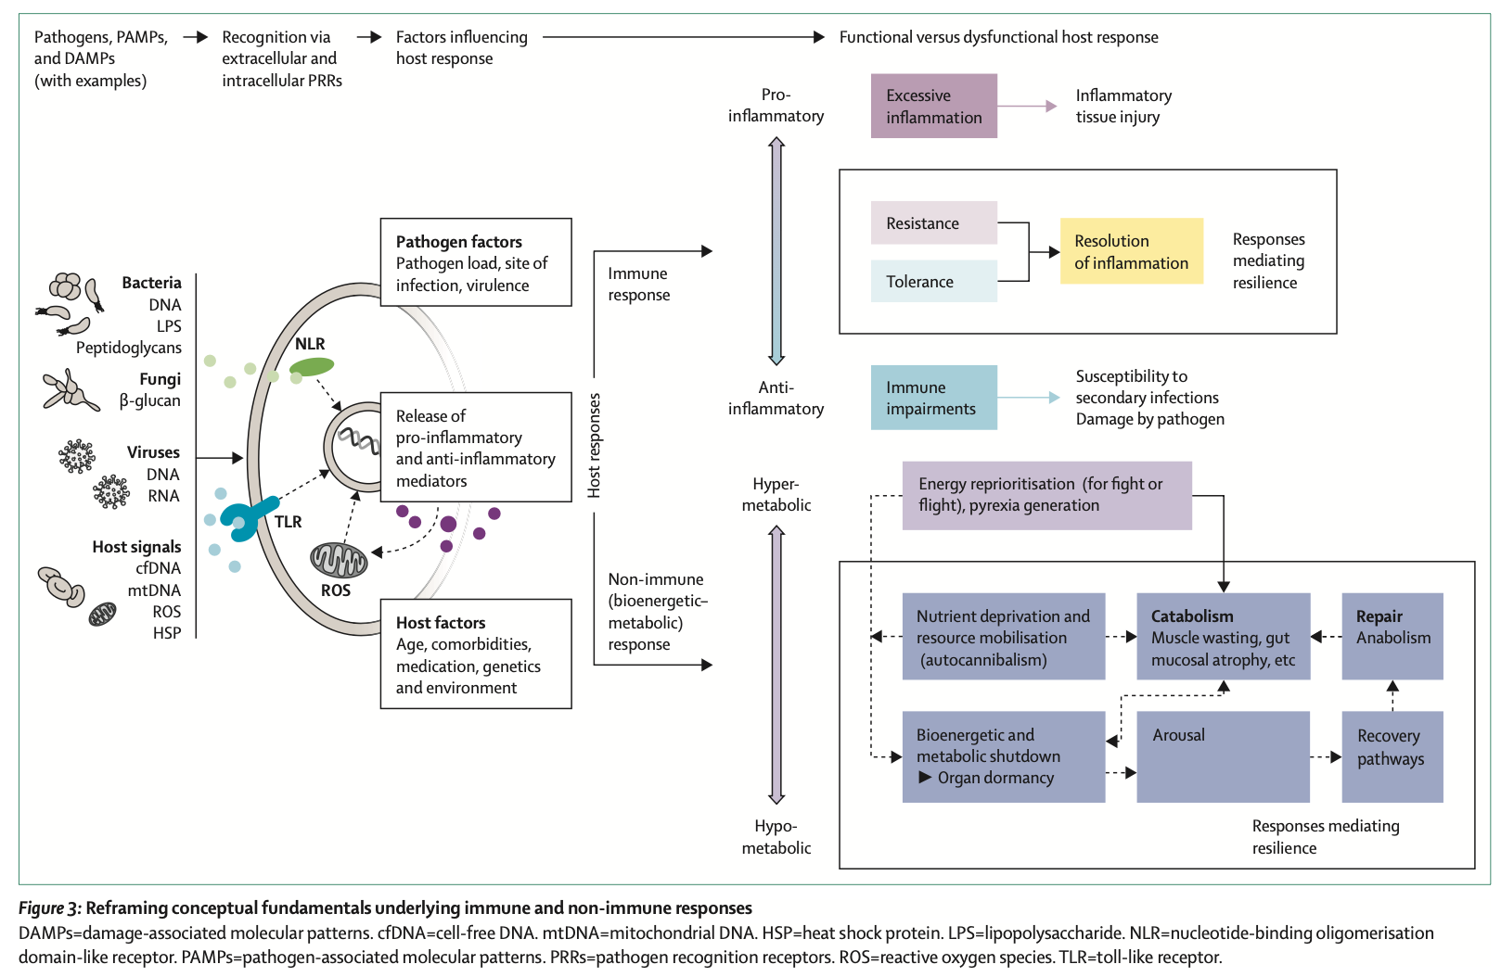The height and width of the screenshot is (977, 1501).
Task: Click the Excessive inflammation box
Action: [933, 107]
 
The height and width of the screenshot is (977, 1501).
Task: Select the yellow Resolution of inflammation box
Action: [1131, 251]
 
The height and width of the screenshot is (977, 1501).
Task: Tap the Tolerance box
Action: [933, 281]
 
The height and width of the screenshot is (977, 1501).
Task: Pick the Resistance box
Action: [933, 223]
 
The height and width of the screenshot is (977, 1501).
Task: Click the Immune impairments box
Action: [933, 398]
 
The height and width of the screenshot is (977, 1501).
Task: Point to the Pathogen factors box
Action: [476, 262]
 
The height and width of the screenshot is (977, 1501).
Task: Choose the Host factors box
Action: [476, 654]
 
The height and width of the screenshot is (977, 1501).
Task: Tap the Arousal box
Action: [1223, 756]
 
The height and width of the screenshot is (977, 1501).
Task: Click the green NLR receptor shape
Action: [312, 367]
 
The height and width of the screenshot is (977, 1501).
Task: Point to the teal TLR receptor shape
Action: [248, 518]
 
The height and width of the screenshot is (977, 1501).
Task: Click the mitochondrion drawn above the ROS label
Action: [339, 559]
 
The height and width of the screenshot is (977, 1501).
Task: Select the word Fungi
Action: [160, 379]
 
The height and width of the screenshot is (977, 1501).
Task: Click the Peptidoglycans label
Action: [129, 348]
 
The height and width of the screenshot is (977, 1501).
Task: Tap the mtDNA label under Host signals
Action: [154, 590]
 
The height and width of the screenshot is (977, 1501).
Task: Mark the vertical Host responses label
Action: [594, 445]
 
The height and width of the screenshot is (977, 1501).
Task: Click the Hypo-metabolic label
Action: [776, 837]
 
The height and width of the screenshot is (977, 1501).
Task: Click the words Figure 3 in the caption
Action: [50, 908]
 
